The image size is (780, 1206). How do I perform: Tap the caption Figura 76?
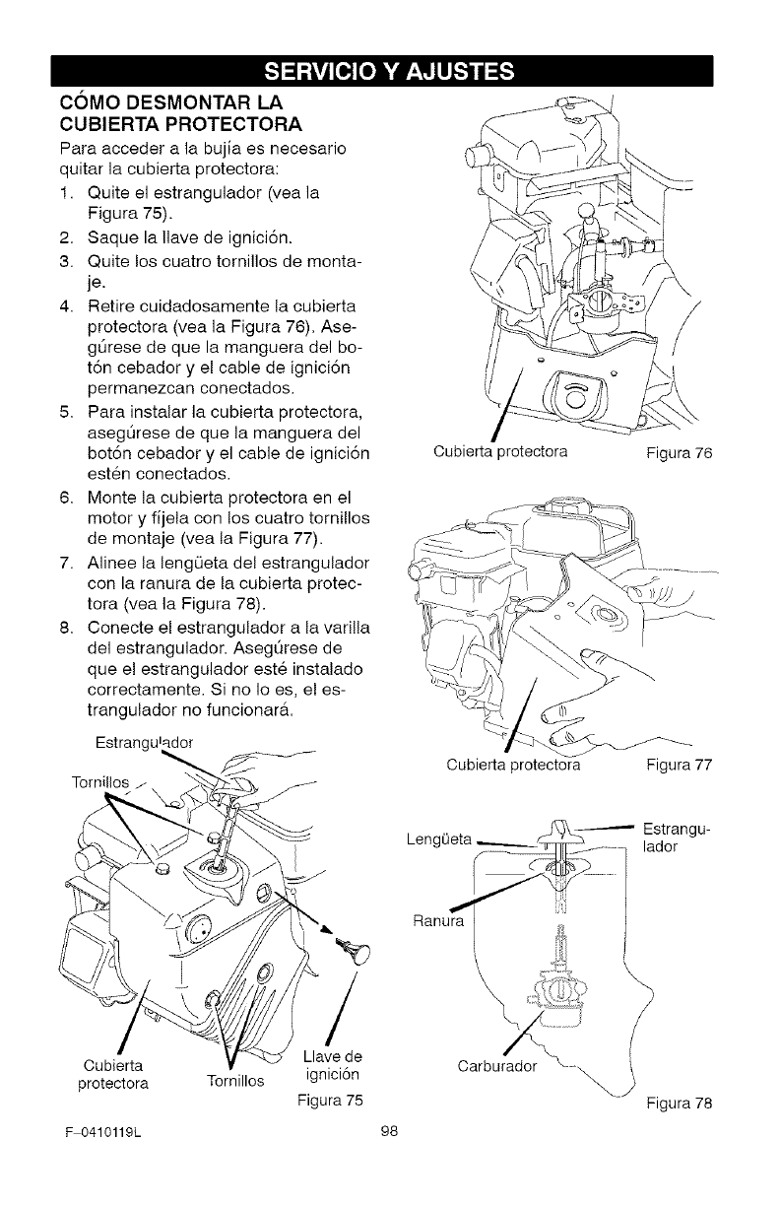point(679,453)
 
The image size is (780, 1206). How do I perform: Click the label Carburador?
point(496,1065)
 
